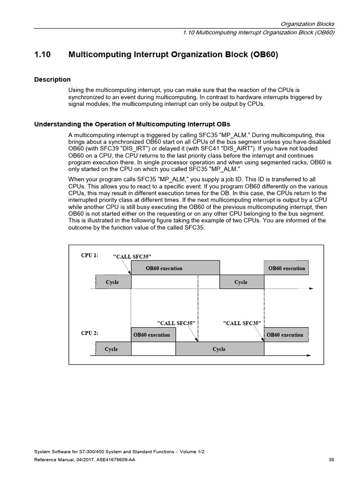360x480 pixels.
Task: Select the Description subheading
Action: click(x=52, y=80)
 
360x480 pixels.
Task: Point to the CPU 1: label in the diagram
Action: click(x=90, y=255)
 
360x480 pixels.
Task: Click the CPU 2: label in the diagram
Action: click(x=90, y=333)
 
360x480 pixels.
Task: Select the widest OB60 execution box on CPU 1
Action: click(x=175, y=269)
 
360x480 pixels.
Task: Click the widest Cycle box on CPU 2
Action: click(x=219, y=349)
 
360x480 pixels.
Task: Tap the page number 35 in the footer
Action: click(x=331, y=460)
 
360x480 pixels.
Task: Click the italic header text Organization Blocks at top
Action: click(x=307, y=24)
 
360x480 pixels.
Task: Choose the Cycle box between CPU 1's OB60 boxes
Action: click(x=241, y=282)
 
